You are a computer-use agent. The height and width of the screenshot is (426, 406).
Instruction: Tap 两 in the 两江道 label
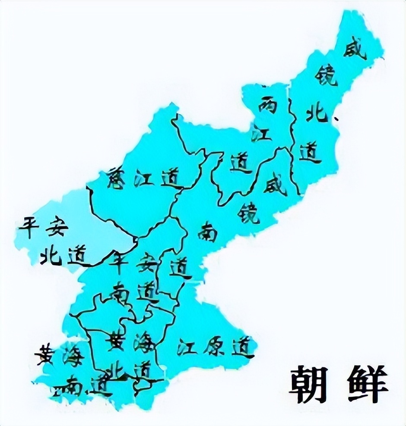[x=267, y=103]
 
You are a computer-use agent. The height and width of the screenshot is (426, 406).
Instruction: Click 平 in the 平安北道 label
[x=29, y=227]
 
